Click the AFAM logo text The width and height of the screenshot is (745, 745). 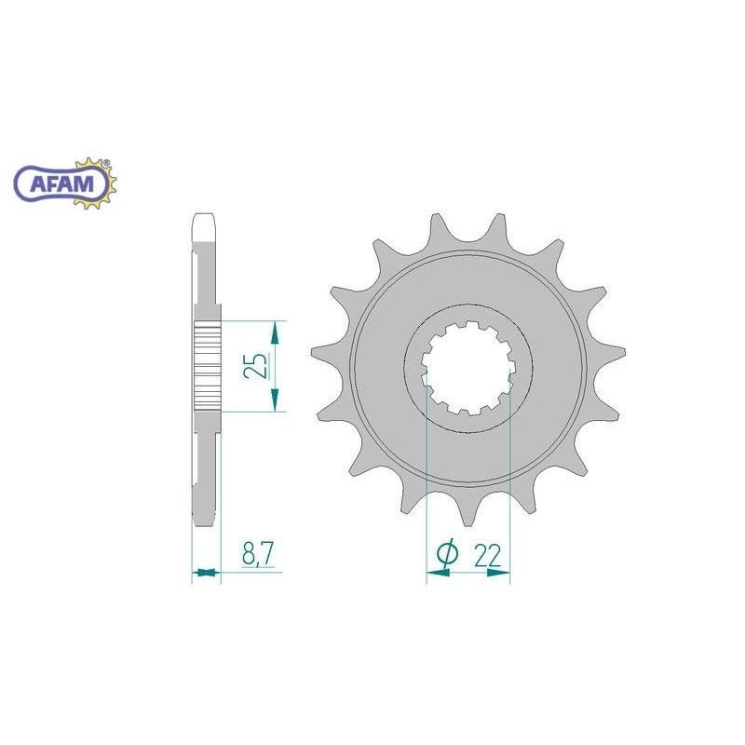pos(61,183)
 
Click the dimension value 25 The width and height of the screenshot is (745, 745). pos(254,365)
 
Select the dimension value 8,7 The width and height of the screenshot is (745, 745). pos(258,553)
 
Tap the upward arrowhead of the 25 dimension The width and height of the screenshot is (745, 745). pos(274,332)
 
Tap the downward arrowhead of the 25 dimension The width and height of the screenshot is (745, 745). pos(274,400)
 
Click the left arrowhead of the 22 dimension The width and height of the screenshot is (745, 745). pos(438,573)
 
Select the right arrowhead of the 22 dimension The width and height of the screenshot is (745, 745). pos(498,573)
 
